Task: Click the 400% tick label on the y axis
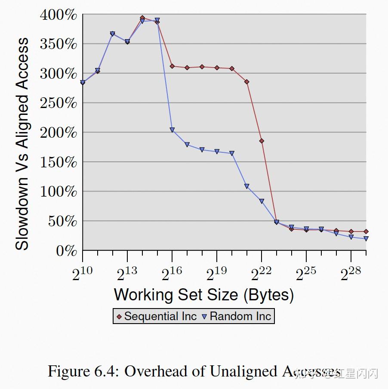point(59,15)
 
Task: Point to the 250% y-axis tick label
point(59,103)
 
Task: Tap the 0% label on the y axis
point(66,251)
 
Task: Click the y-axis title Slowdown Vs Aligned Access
point(22,144)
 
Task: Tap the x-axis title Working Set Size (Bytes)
point(204,295)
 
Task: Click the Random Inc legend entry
point(237,317)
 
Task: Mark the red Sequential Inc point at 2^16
point(172,66)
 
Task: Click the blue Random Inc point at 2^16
point(172,130)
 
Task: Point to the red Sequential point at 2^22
point(262,141)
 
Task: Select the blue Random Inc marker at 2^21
point(247,186)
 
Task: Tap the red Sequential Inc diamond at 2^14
point(142,18)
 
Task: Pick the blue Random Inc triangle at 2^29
point(366,238)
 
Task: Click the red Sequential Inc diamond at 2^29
point(366,232)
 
